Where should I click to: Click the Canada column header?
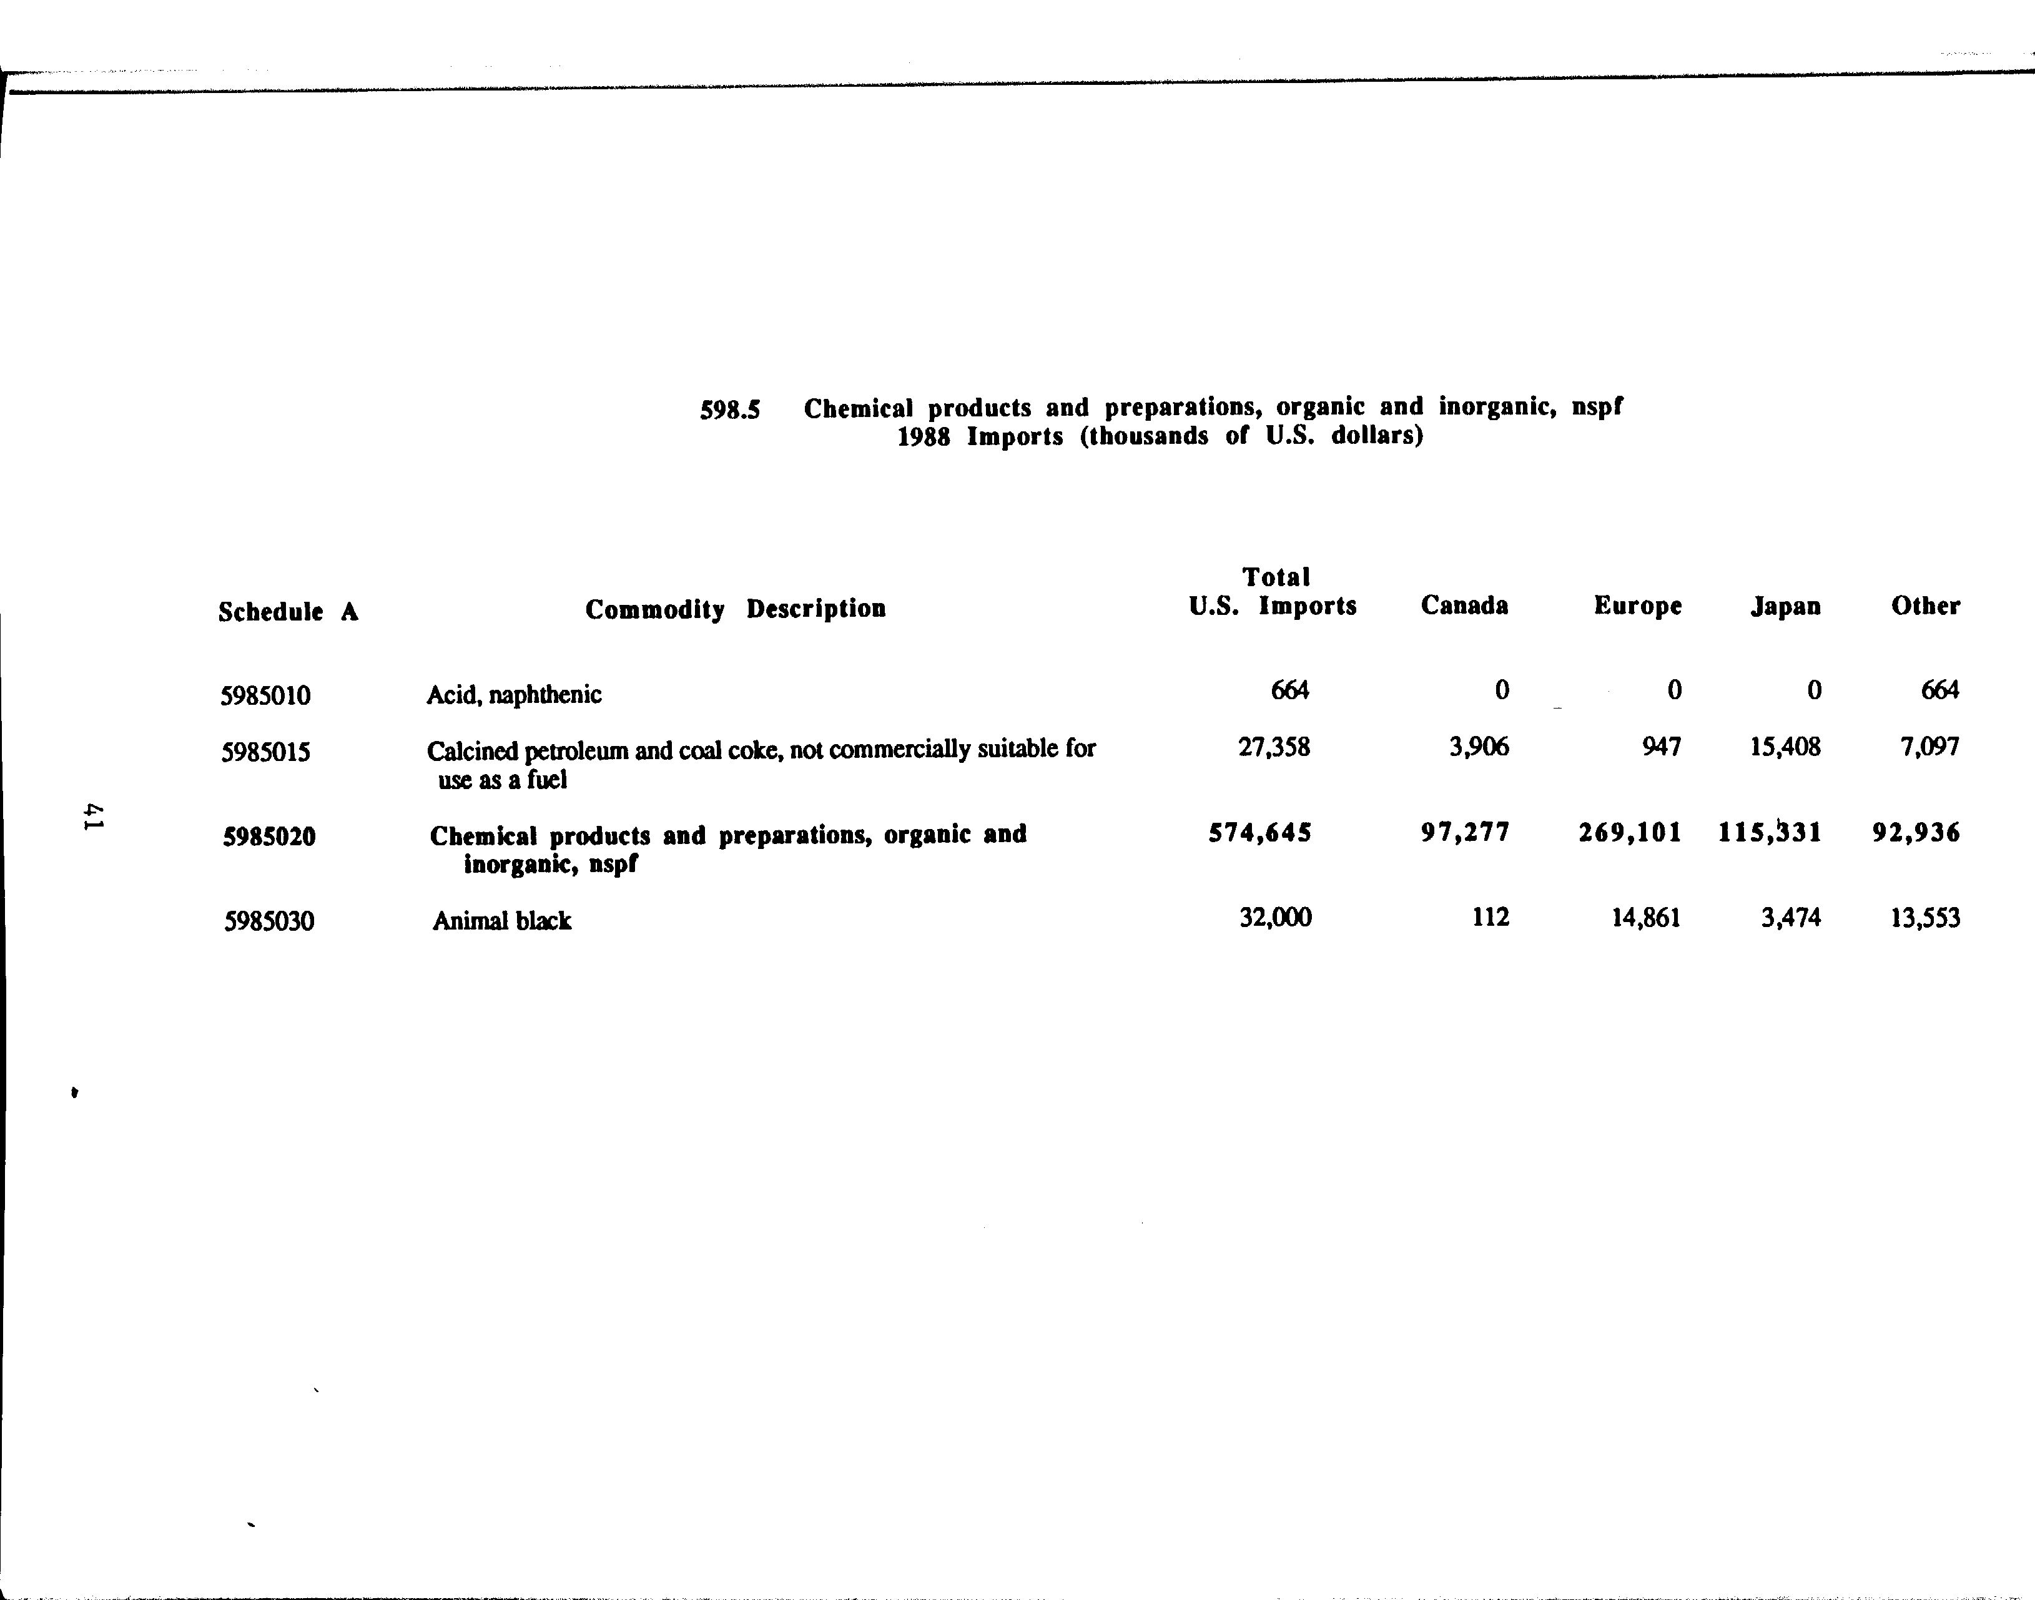click(x=1464, y=606)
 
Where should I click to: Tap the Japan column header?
click(x=1785, y=607)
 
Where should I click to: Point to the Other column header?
click(x=1924, y=606)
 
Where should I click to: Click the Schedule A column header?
click(x=288, y=612)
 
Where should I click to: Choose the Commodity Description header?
click(x=736, y=609)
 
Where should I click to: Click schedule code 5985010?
click(x=265, y=696)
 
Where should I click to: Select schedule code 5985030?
click(x=269, y=922)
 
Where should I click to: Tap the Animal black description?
click(x=501, y=921)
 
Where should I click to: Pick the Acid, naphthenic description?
click(x=513, y=695)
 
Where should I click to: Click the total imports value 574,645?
click(x=1259, y=833)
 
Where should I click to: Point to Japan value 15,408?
click(x=1785, y=747)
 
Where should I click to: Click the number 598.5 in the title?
click(x=730, y=410)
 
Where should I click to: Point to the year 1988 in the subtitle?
click(x=924, y=438)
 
